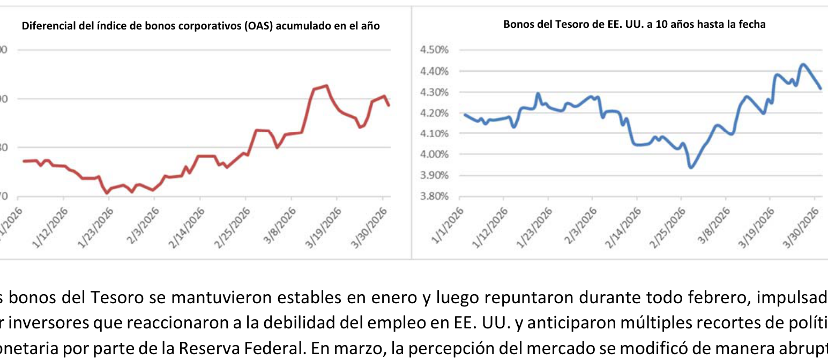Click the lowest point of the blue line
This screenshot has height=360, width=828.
691,168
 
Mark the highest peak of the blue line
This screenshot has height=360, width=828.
802,64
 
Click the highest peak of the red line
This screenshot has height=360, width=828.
326,85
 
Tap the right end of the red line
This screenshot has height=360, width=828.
389,105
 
